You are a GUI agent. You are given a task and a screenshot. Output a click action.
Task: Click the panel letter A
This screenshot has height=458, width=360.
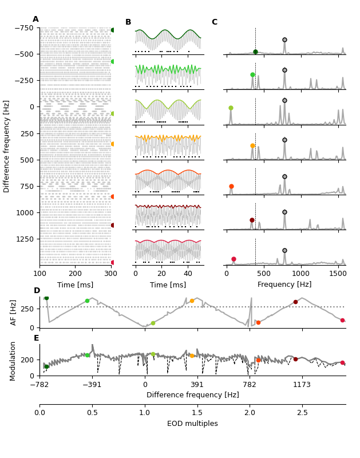tap(35, 19)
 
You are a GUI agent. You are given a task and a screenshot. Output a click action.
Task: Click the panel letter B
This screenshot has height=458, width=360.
tap(128, 22)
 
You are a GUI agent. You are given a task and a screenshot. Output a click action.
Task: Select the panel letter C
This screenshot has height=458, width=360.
tap(215, 22)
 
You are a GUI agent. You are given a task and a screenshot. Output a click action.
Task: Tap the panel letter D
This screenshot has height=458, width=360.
tap(37, 291)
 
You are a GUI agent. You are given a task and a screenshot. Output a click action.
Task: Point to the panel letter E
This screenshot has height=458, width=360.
tap(36, 338)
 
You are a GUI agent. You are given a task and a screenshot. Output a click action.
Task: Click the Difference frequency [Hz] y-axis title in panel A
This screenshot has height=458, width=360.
tap(7, 146)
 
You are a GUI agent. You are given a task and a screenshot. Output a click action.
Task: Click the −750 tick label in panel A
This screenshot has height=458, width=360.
tap(24, 27)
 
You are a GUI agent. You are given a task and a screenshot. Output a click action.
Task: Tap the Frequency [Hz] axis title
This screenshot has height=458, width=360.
tap(284, 285)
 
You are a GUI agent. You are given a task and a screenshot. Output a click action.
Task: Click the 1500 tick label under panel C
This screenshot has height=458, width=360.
tap(338, 273)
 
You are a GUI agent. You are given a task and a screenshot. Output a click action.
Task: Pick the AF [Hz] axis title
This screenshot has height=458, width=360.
tap(14, 312)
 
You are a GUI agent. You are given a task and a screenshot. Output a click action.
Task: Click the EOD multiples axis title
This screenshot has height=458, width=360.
tap(192, 424)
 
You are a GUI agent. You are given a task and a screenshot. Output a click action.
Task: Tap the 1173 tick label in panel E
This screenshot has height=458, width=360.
tap(302, 385)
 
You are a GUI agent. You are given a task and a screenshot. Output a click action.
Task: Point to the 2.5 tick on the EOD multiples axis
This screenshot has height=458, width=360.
tap(302, 412)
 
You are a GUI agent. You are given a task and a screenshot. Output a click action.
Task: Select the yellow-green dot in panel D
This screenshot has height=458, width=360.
tap(153, 323)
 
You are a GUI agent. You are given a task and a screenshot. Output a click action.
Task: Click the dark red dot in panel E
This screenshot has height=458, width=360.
tap(295, 359)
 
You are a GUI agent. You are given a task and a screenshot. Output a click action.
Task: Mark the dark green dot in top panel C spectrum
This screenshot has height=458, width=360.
tap(255, 52)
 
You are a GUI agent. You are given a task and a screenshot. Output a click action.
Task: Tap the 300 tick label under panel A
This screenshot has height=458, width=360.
tap(111, 273)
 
